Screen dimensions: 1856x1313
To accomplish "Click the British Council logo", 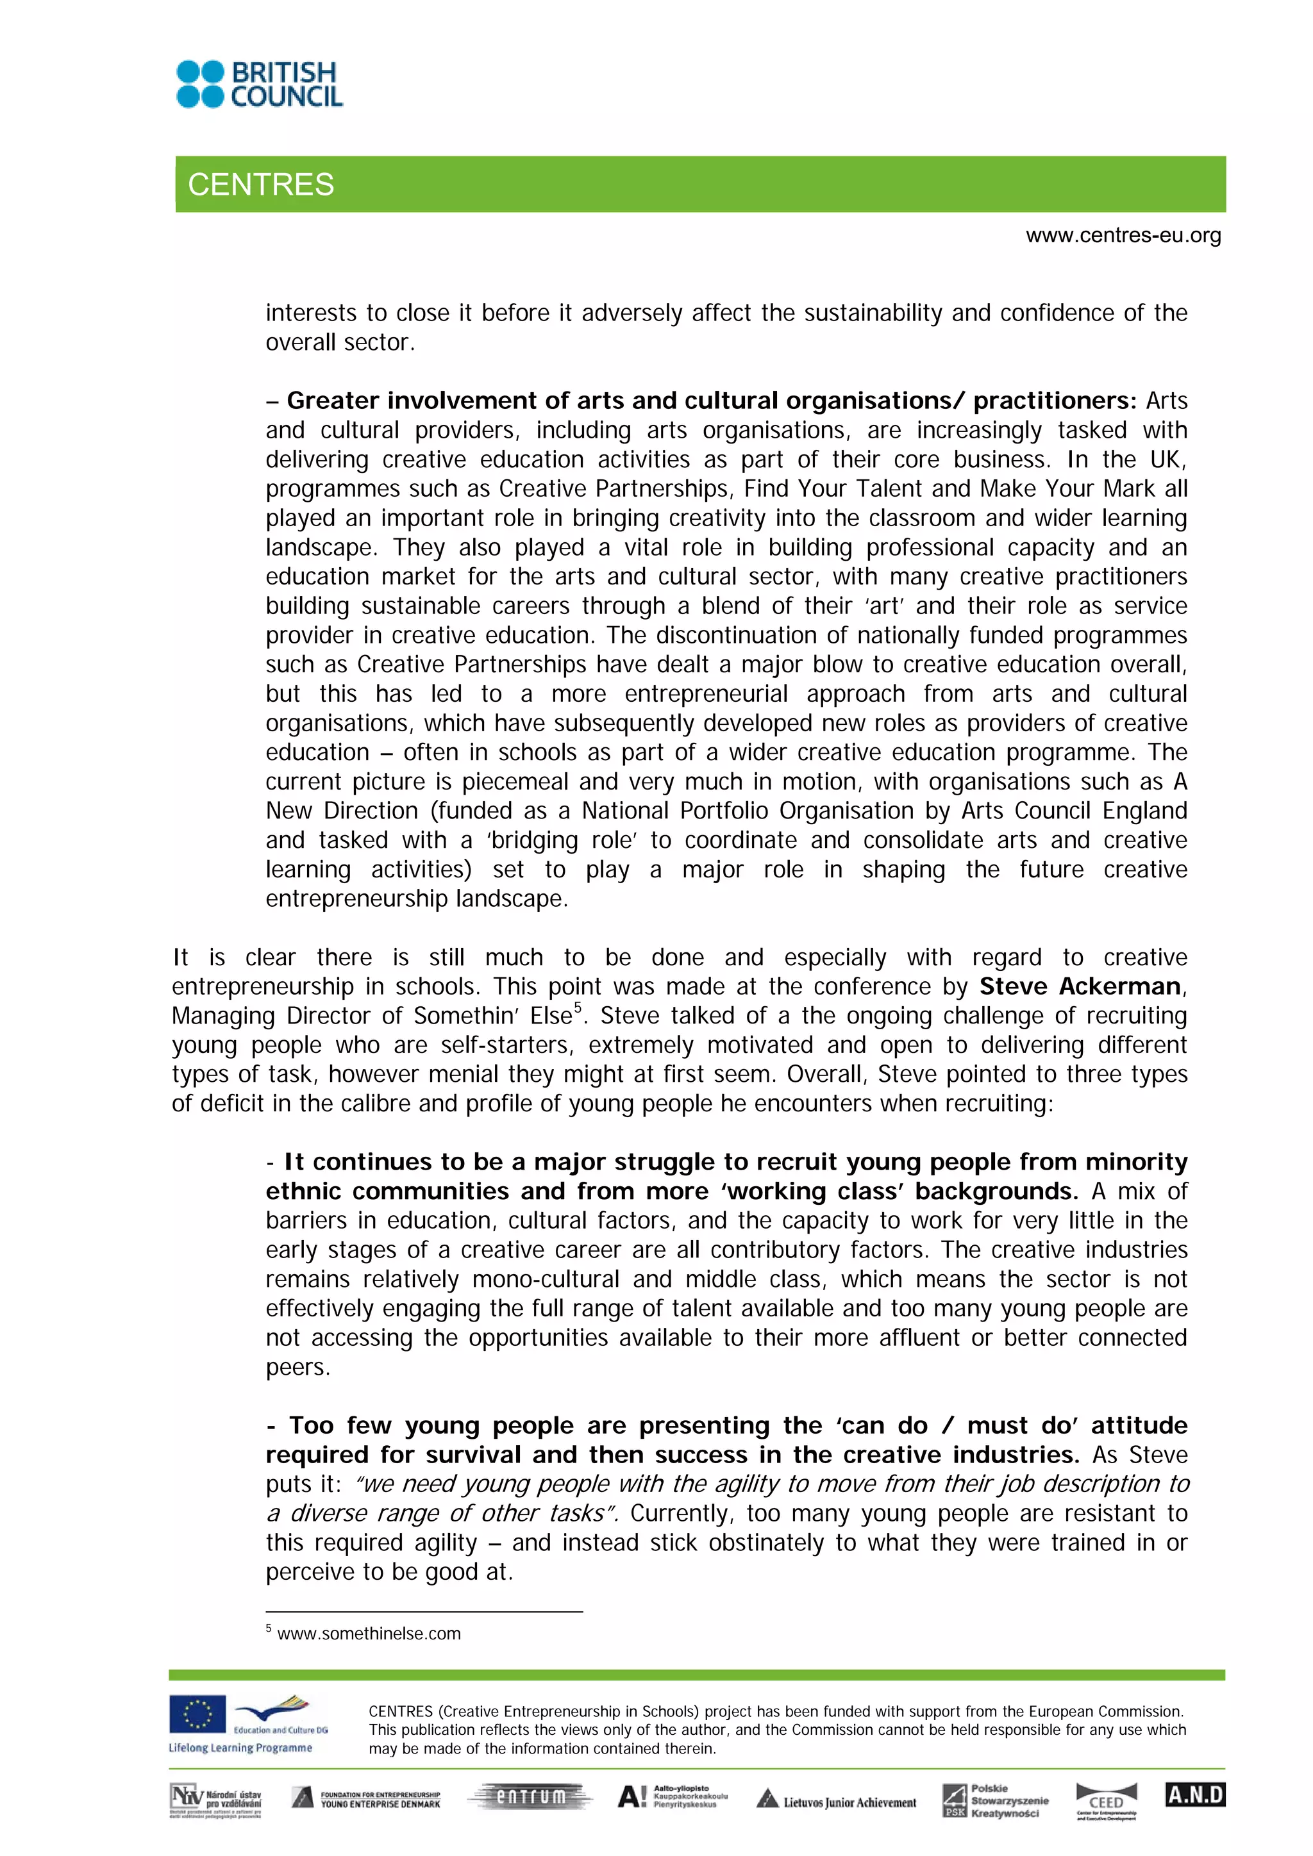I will pos(260,84).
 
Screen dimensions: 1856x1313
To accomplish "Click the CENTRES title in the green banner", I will pos(260,185).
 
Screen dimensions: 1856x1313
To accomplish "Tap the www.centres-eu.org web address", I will pos(1123,235).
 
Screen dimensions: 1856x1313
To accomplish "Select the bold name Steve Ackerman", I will pos(1080,986).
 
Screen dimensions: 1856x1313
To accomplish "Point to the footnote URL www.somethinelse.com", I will pos(369,1634).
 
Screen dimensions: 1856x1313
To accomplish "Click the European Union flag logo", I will pos(197,1714).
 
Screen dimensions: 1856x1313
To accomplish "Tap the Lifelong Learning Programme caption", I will pos(240,1748).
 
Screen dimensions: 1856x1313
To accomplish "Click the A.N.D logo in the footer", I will pos(1195,1794).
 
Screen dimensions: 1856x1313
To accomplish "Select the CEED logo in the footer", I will pos(1106,1802).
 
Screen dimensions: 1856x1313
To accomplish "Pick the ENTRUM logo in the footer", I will pos(530,1796).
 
